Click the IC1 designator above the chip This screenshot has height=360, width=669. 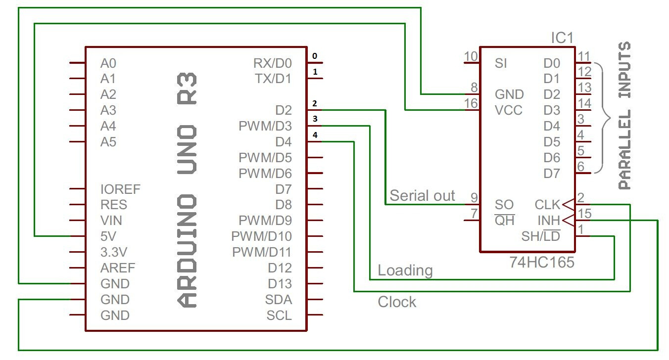(x=562, y=38)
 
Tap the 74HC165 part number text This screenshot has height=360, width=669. (x=542, y=262)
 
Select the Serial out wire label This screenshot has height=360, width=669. (x=422, y=195)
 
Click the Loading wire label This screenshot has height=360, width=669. (x=405, y=270)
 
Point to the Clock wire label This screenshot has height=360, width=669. (x=397, y=302)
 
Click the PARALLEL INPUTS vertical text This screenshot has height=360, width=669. (x=625, y=116)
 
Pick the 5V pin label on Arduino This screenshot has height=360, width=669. (x=109, y=236)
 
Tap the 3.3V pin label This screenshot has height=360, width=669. (x=114, y=252)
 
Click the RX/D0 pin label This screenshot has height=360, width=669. (x=272, y=63)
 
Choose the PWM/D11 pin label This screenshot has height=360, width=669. (x=262, y=252)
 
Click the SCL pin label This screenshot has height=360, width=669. (x=279, y=315)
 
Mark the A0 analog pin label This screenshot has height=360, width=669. (x=108, y=63)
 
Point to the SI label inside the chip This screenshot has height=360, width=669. (x=501, y=63)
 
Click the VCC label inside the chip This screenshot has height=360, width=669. (x=508, y=110)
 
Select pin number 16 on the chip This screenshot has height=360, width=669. (x=472, y=103)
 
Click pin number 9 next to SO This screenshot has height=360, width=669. (x=474, y=198)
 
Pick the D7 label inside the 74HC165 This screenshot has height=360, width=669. (x=552, y=174)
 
